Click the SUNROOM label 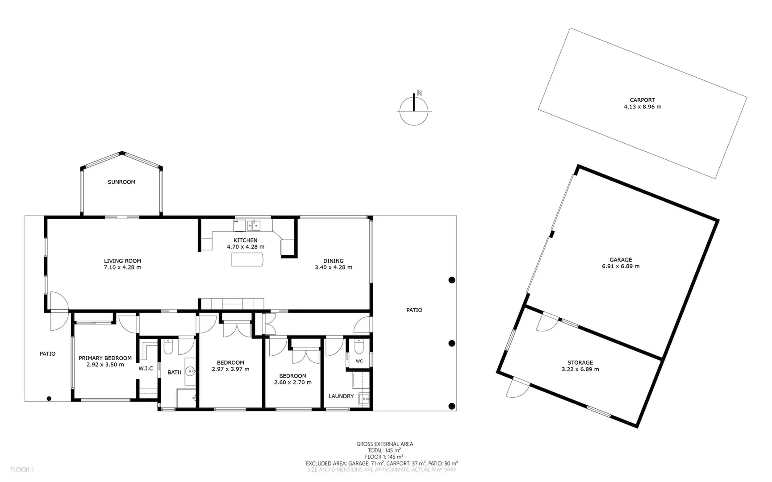tap(121, 182)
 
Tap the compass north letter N tap(420, 93)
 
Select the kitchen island tap(247, 259)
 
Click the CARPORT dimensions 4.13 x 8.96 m tap(643, 107)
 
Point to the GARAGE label tap(621, 260)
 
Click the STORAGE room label tap(580, 363)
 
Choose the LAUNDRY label tap(341, 396)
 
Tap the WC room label tap(359, 361)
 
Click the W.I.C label tap(146, 368)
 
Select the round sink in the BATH tap(191, 371)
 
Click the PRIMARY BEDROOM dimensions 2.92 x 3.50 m tap(105, 365)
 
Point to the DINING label tap(334, 261)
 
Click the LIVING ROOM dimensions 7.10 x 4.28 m tap(123, 267)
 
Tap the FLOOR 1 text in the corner tap(22, 470)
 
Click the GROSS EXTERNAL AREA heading tap(384, 444)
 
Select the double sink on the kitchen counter tap(254, 225)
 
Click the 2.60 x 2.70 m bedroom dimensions tap(293, 382)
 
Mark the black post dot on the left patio tap(49, 399)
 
